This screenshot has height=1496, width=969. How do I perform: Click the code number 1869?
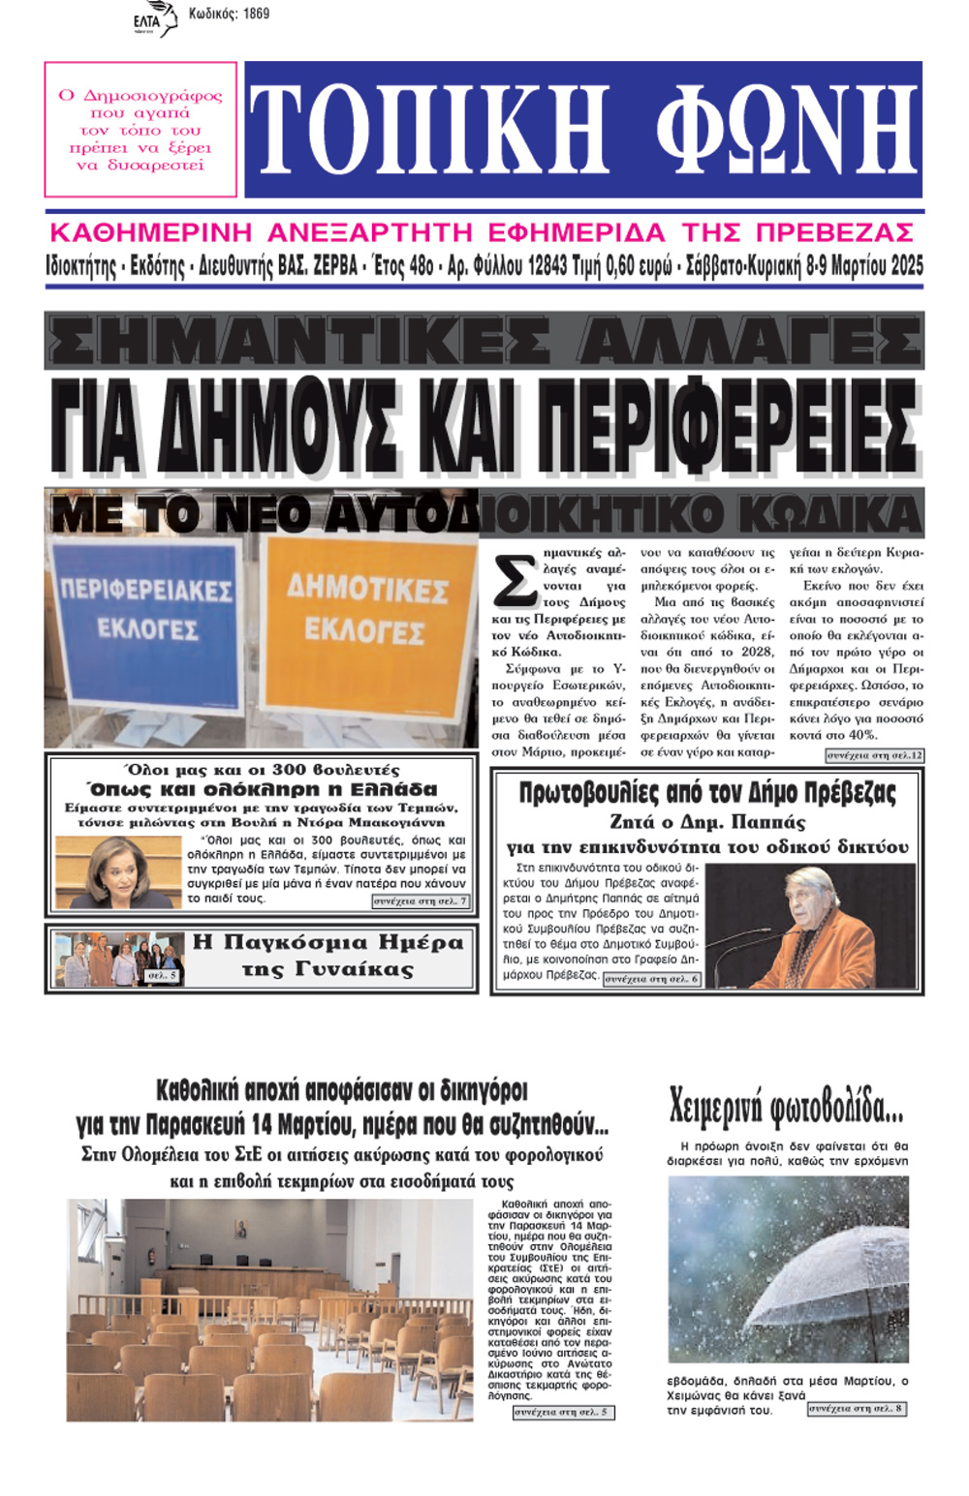point(256,14)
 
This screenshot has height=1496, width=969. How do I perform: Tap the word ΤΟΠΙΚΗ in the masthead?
point(429,130)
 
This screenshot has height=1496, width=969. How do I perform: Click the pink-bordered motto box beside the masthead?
point(141,130)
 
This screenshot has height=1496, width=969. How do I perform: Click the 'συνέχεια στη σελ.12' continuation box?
point(874,755)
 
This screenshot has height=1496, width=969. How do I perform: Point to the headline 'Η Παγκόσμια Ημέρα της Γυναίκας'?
point(328,956)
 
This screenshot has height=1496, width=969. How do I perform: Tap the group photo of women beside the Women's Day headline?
point(118,959)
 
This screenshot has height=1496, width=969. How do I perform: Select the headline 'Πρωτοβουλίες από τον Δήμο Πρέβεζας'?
point(707,793)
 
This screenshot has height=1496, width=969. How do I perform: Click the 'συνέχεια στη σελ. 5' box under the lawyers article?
point(563,1412)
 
